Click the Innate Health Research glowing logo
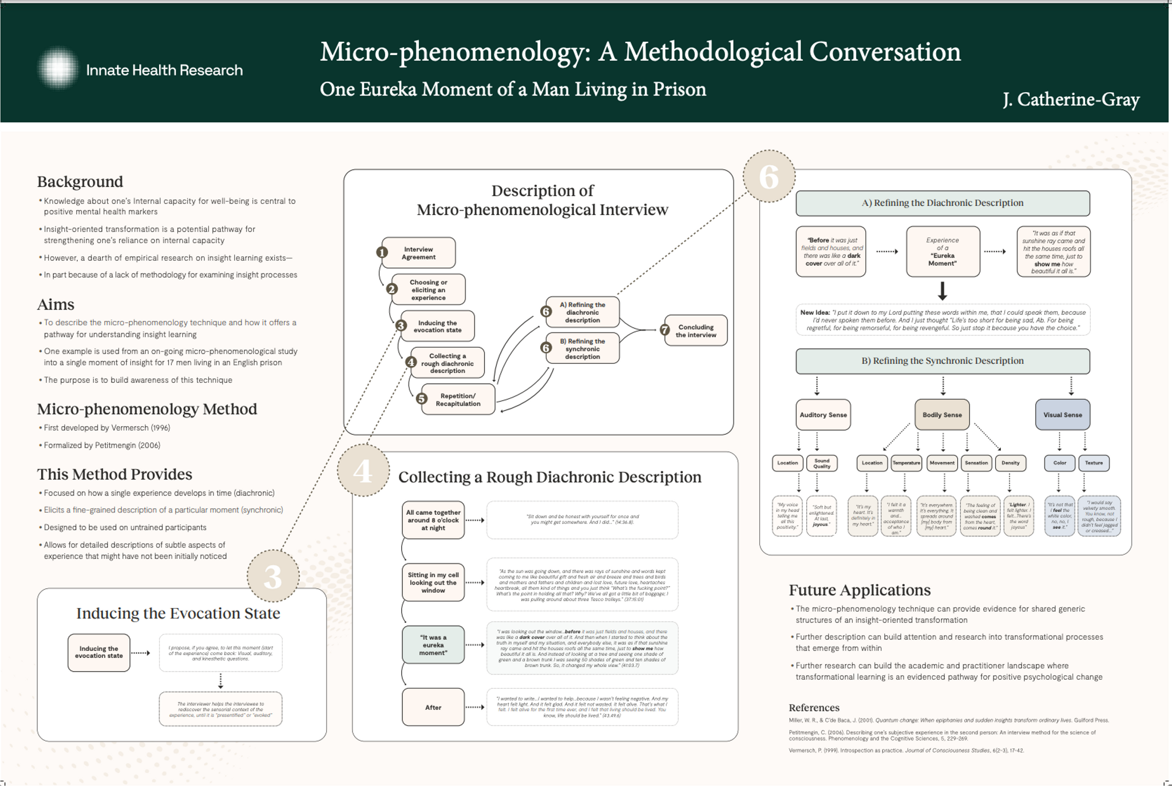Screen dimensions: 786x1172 [58, 69]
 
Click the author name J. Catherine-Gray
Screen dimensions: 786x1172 [1071, 100]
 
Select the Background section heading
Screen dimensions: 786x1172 [80, 182]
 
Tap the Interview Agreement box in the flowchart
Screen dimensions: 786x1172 [418, 253]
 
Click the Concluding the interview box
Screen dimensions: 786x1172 [695, 331]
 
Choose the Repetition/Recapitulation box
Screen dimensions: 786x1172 [458, 399]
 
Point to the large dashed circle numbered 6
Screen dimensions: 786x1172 [769, 176]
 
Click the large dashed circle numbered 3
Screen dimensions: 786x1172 [273, 576]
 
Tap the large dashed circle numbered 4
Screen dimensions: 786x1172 [363, 471]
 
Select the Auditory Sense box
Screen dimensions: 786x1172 [823, 415]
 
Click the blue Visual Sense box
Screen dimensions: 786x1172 [1062, 415]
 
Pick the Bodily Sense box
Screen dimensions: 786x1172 [942, 415]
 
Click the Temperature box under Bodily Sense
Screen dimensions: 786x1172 [906, 463]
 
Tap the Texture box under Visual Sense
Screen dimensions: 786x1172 [1094, 463]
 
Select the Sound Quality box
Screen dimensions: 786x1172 [821, 463]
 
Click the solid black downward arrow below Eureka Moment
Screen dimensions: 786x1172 [943, 291]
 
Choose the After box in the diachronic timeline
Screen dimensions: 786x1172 [433, 707]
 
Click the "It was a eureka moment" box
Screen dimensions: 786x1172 [433, 645]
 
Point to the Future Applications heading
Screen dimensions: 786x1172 [860, 590]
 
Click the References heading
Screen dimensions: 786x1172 [814, 708]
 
